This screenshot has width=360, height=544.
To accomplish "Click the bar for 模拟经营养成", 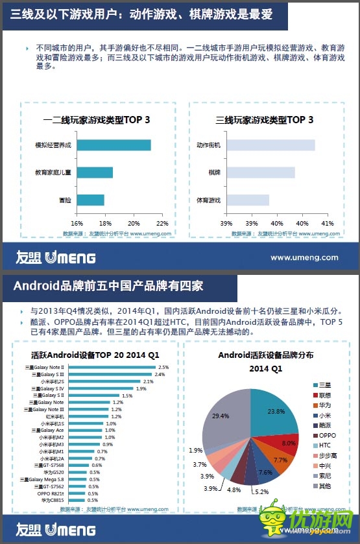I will pyautogui.click(x=114, y=145).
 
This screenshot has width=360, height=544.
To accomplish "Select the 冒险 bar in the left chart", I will pyautogui.click(x=90, y=200).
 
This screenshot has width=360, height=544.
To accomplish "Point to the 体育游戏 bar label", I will pyautogui.click(x=209, y=200).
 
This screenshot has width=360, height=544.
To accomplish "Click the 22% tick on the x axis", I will pyautogui.click(x=162, y=224).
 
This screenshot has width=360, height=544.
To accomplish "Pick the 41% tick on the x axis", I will pyautogui.click(x=328, y=224).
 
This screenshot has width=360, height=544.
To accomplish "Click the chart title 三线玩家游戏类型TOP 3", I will pyautogui.click(x=264, y=120).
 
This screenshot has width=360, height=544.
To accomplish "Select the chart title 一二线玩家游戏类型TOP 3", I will pyautogui.click(x=97, y=120).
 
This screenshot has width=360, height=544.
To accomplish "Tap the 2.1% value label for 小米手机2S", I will pyautogui.click(x=148, y=382).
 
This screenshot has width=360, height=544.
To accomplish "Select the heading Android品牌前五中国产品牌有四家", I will pyautogui.click(x=108, y=285).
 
